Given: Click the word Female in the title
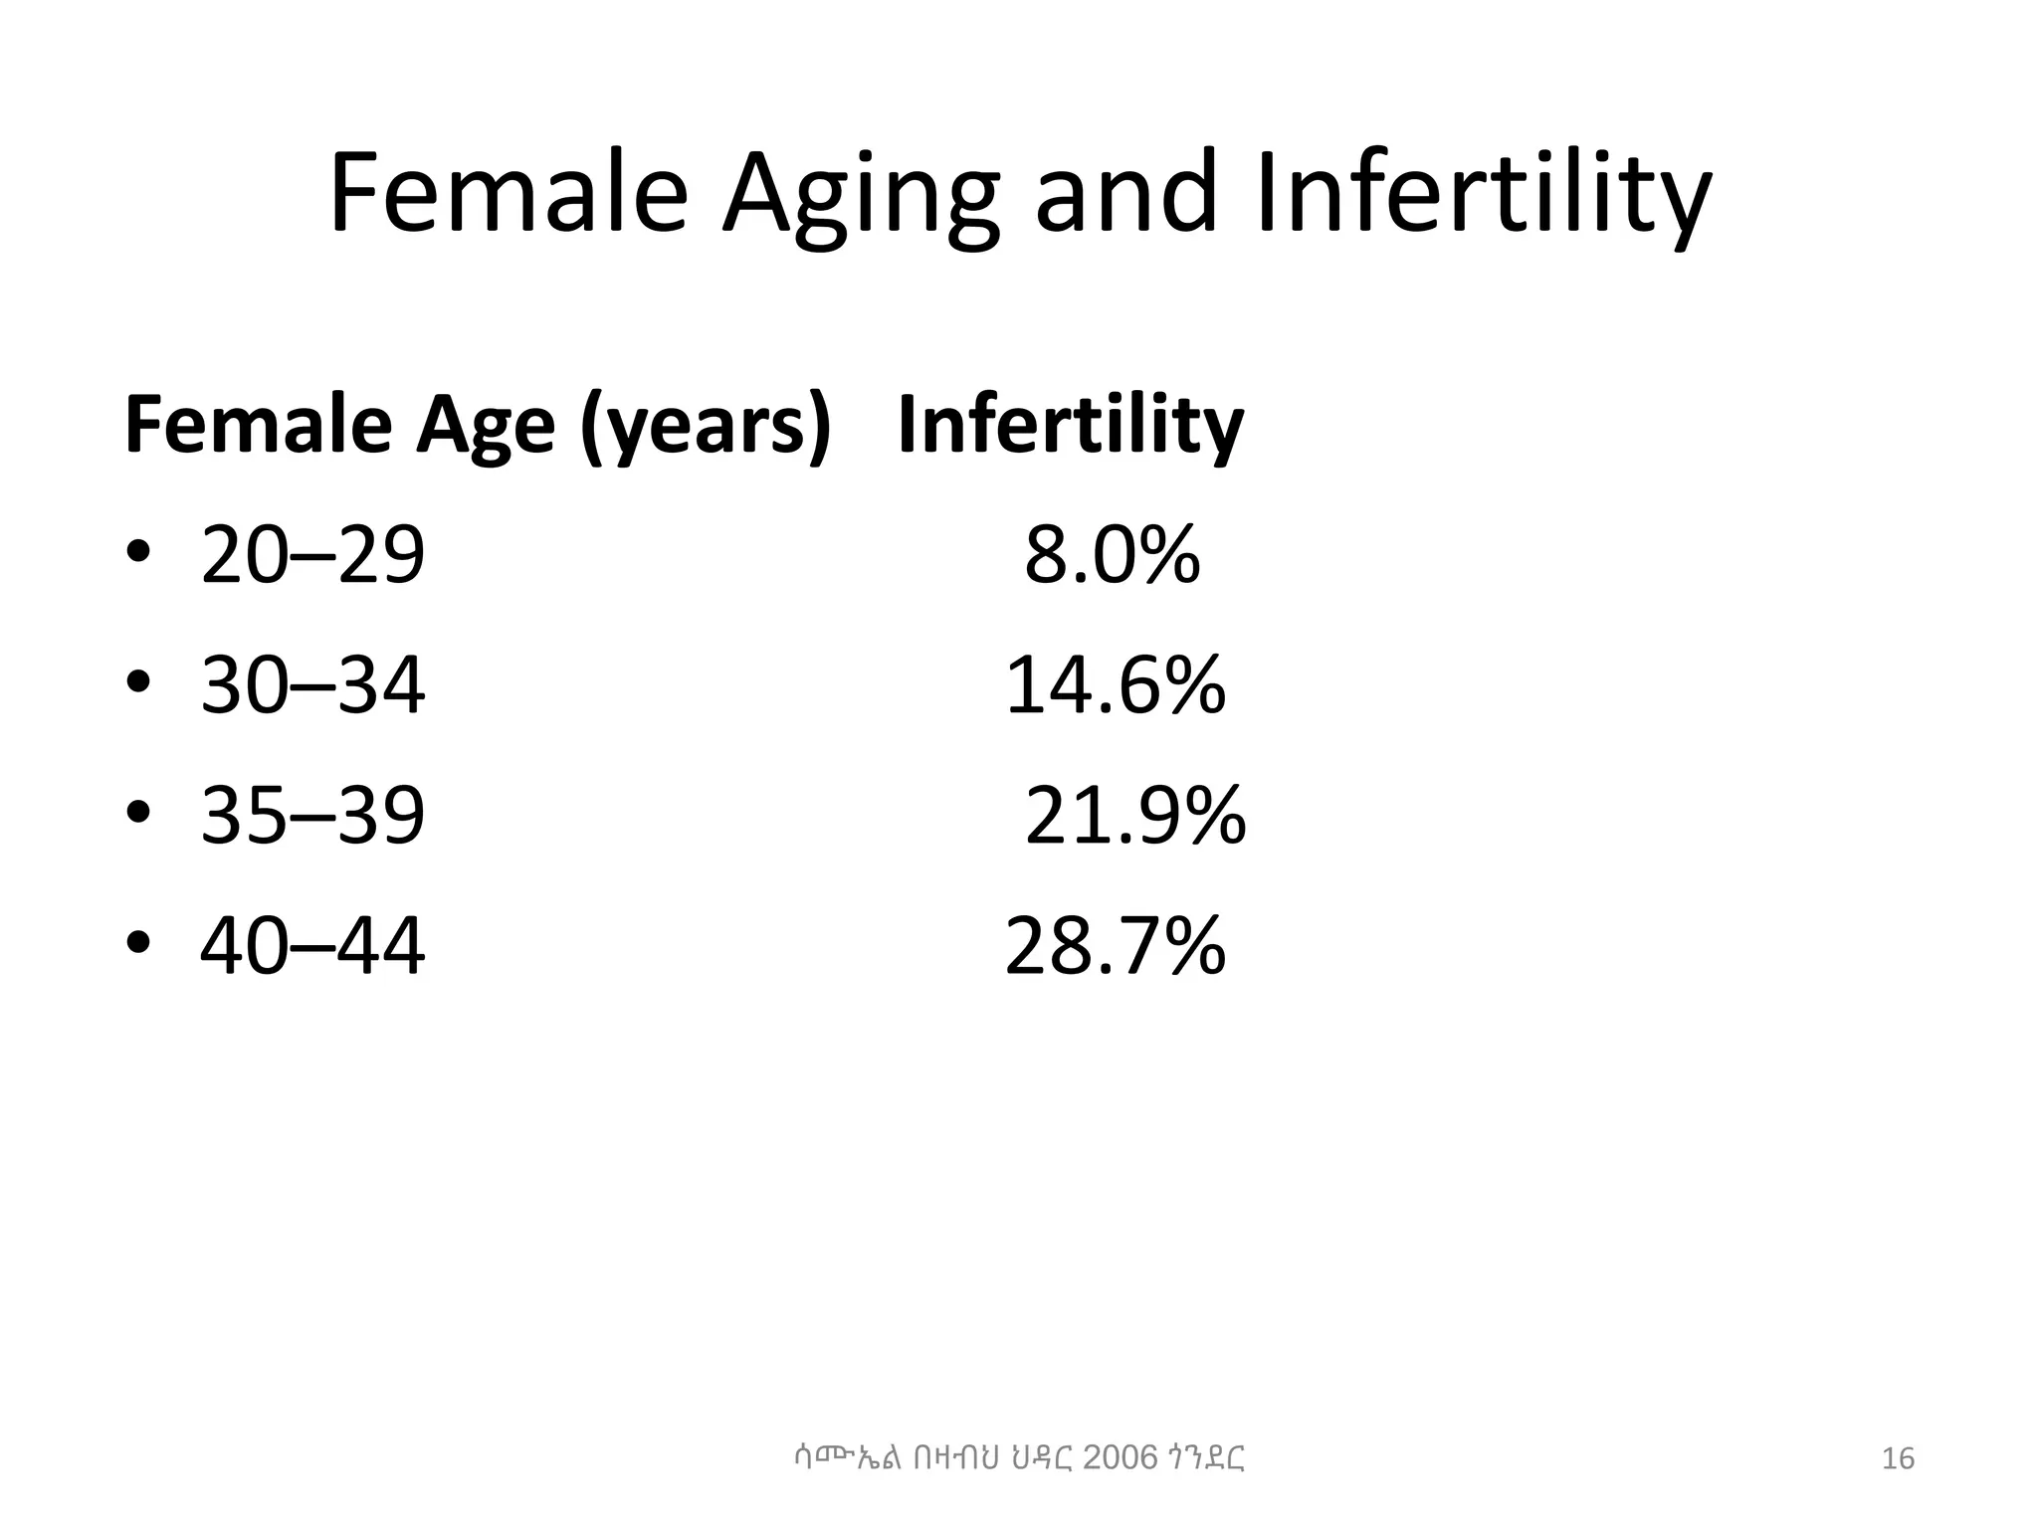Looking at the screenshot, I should [509, 194].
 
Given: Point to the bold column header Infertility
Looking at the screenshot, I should [1070, 426].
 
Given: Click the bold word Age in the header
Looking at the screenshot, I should [485, 426].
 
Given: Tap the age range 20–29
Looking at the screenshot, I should [312, 555].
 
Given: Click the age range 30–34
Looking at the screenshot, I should [312, 685].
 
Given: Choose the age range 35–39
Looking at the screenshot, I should [312, 815].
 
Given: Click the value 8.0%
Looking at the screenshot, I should [1112, 555].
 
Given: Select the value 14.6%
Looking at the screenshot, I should [1115, 685].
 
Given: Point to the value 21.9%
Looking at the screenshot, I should [1134, 815].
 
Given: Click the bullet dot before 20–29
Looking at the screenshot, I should [138, 552].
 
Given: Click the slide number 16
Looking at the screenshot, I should [1898, 1459].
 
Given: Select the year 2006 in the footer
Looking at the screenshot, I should [1120, 1458].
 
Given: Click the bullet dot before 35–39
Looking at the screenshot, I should [138, 812].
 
